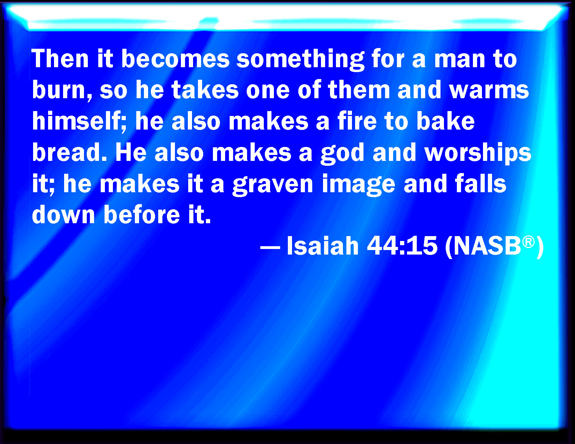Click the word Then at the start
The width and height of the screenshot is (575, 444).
[60, 59]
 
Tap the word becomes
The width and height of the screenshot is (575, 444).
[175, 59]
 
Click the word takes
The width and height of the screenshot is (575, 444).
[205, 90]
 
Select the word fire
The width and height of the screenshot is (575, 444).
[357, 121]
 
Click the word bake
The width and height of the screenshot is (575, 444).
[446, 121]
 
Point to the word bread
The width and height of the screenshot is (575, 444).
[69, 152]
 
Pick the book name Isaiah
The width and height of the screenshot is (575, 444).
[323, 246]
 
